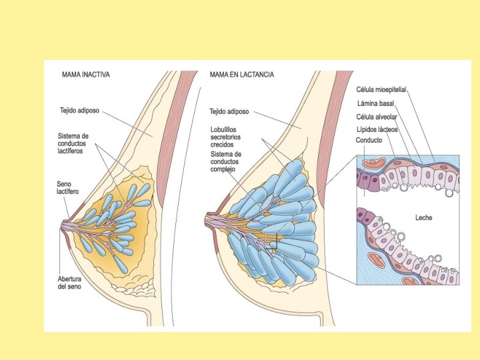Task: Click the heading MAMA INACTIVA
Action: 85,75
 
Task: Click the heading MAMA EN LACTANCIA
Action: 241,75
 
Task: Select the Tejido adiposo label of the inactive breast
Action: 79,111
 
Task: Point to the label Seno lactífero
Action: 67,187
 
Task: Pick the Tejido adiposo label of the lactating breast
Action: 229,112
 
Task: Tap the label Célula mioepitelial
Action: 381,89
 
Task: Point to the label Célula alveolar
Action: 377,117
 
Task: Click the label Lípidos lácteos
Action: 377,129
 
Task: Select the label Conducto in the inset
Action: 369,141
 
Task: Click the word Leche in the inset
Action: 424,217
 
